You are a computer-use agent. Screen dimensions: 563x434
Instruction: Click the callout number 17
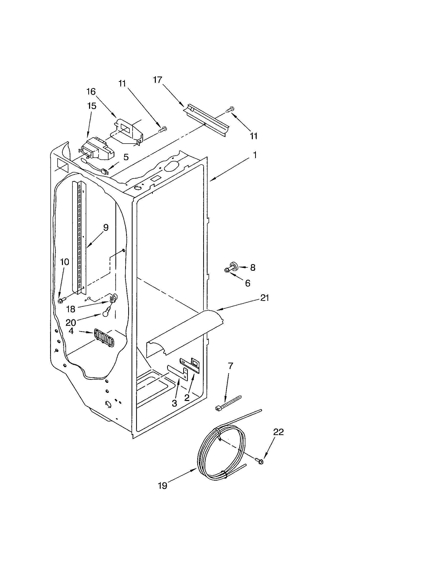157,80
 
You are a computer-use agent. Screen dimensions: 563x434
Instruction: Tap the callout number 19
162,486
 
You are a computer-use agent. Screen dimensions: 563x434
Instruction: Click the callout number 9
106,228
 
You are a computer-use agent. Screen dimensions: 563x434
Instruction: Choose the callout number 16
91,92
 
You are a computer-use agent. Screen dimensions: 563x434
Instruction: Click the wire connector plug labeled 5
105,171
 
